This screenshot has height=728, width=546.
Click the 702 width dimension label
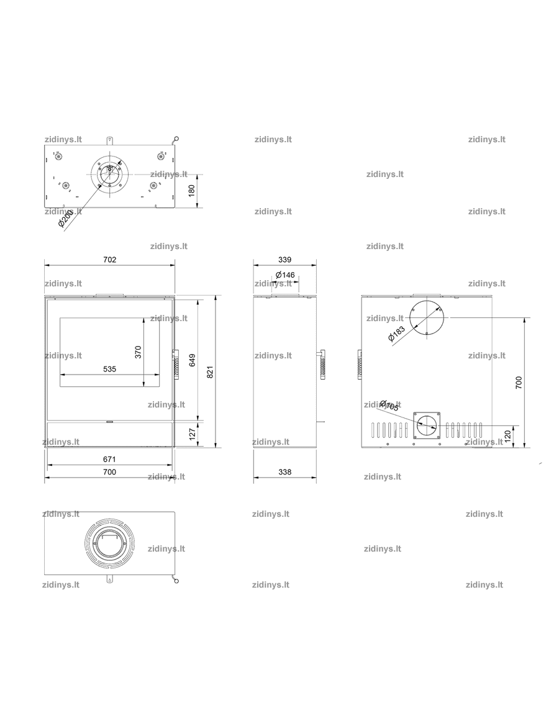109,260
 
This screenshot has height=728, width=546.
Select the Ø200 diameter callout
66,218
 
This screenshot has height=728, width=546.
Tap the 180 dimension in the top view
192,190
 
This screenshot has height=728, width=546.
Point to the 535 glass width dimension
109,369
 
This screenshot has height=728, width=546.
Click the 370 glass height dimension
138,352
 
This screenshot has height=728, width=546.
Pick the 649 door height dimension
192,360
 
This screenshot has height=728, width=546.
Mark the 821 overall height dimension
210,372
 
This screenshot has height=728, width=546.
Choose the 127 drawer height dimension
193,434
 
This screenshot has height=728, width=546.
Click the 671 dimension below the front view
109,459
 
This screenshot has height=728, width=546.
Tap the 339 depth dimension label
284,260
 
